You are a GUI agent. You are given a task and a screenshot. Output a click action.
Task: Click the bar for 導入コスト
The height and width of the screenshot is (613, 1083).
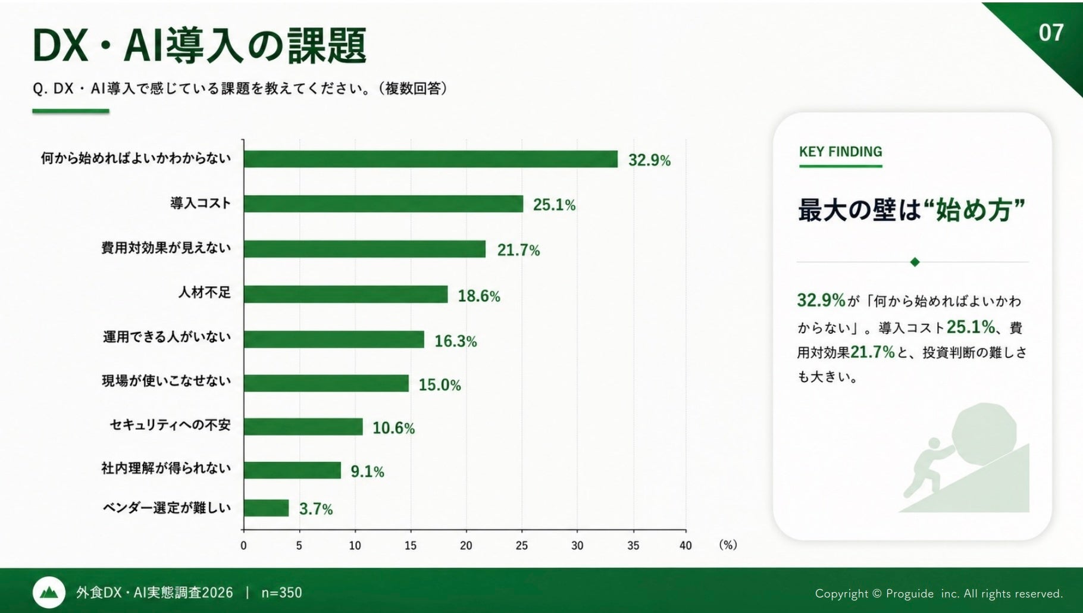pos(383,204)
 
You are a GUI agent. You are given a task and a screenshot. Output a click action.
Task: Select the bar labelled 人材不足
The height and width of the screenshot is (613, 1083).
pos(346,294)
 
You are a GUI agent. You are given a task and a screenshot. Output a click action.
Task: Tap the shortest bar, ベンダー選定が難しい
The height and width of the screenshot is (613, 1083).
pos(266,508)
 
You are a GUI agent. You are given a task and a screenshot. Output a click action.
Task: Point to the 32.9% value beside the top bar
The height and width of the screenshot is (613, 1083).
pos(649,160)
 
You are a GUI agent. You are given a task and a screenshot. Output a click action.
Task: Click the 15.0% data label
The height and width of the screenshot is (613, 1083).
pos(440,385)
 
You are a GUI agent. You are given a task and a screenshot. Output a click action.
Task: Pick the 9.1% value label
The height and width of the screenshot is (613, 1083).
pos(367,472)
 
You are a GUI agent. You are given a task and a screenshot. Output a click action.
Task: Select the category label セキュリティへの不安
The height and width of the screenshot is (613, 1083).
pos(170,425)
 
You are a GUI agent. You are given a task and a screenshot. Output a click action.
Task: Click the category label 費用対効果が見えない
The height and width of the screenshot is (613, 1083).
pos(166,248)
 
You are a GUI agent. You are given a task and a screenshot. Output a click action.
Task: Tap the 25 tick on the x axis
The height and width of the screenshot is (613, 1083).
pos(522,546)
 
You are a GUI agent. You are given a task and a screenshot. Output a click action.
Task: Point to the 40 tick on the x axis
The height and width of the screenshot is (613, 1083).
pos(686,546)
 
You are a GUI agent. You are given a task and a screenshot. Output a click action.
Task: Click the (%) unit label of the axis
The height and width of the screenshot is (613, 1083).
pos(728,545)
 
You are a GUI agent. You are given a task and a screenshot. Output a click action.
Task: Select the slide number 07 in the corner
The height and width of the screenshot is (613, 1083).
pos(1051,33)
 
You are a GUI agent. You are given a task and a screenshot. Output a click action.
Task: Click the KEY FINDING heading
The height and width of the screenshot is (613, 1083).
pos(840,152)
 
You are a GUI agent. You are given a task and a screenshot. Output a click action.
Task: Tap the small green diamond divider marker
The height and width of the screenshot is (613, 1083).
pos(915,262)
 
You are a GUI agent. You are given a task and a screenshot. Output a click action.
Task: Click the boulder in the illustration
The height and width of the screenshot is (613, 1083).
pos(984,430)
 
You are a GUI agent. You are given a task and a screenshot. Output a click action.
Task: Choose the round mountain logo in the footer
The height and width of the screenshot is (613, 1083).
pos(49,592)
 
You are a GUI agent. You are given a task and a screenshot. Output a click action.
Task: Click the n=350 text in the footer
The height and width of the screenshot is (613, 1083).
pos(281,593)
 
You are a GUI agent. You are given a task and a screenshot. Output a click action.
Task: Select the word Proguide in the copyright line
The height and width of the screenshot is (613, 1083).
pos(910,593)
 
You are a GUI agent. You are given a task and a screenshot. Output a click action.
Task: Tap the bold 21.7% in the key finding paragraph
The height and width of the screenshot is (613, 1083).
pos(872,352)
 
